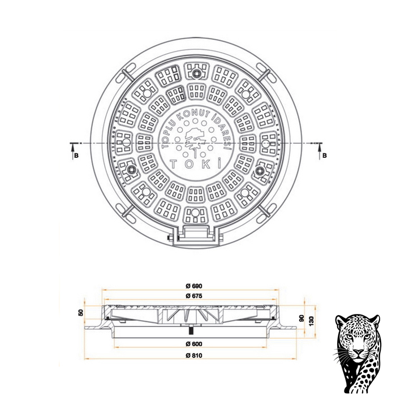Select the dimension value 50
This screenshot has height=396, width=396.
[x=80, y=313]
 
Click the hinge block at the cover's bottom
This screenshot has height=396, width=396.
[x=196, y=233]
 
